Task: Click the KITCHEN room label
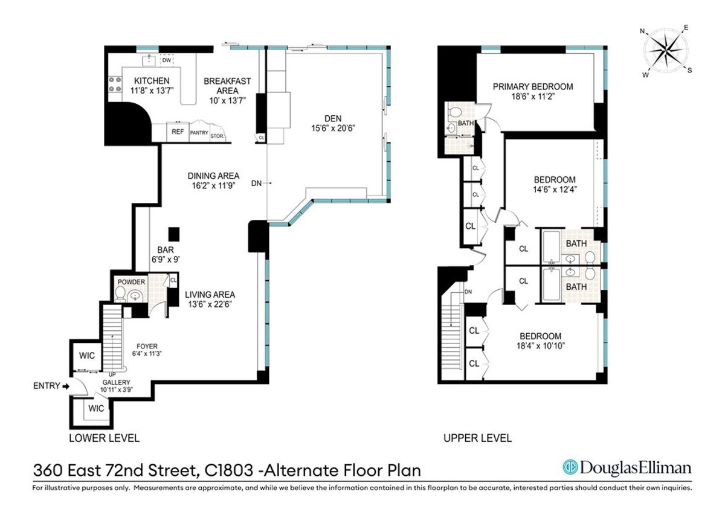click(152, 81)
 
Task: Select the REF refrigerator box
click(178, 132)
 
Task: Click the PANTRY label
click(199, 133)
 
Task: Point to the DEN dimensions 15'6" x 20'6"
click(328, 128)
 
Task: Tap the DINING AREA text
click(210, 176)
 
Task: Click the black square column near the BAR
click(174, 233)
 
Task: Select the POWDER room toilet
click(120, 294)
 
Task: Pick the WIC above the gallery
click(87, 356)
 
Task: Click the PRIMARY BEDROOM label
click(532, 86)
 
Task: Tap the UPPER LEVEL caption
click(477, 438)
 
